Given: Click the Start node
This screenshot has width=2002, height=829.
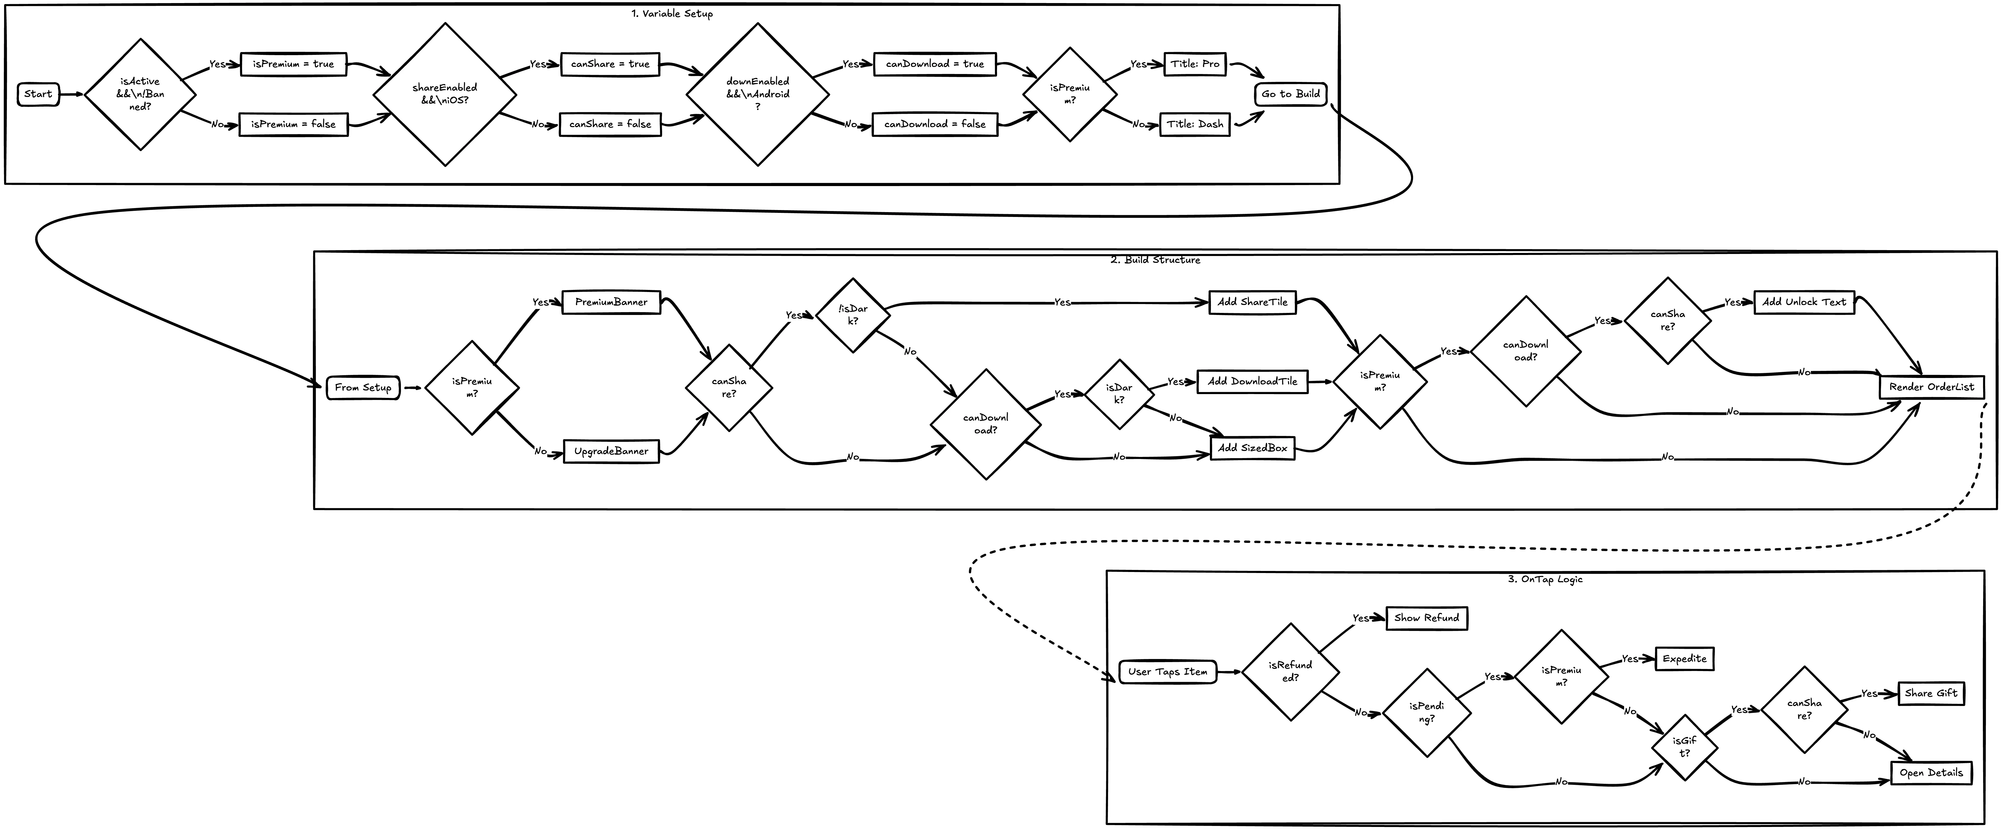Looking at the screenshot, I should point(38,94).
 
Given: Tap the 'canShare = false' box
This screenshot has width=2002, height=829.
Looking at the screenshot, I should point(610,124).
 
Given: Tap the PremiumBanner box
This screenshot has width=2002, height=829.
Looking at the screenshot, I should point(611,302).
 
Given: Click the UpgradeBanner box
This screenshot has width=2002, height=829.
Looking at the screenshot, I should point(611,452).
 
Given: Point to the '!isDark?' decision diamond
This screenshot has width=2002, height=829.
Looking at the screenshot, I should point(853,315).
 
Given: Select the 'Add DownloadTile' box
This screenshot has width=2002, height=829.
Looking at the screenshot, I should point(1252,382).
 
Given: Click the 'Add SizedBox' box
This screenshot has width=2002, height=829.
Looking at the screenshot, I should point(1252,448).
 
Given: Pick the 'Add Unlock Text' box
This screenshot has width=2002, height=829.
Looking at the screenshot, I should point(1804,302).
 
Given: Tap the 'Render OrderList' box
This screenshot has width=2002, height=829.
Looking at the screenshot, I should point(1931,387).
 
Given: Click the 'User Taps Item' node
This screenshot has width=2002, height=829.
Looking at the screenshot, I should point(1167,672).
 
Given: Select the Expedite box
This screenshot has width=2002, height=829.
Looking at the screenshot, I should point(1684,659).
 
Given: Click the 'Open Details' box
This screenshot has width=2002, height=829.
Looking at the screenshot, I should point(1931,773).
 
